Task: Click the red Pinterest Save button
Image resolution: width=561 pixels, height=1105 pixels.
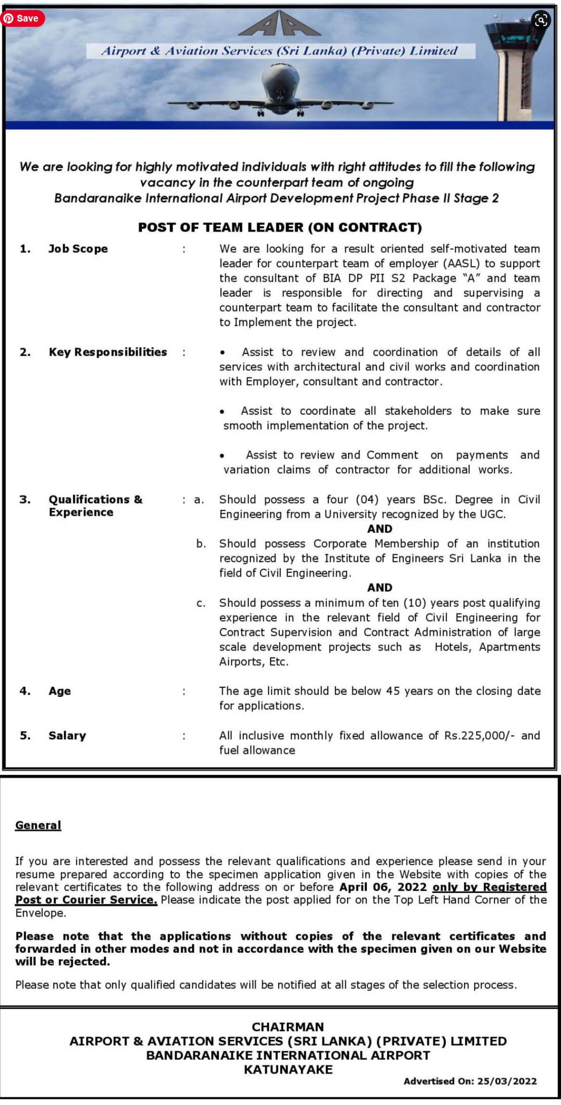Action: point(23,18)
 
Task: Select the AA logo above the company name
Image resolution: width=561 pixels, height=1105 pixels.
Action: point(280,24)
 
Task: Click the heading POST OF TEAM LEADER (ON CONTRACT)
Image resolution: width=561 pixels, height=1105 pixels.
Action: point(280,227)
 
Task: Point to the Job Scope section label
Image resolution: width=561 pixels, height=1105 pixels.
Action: point(78,249)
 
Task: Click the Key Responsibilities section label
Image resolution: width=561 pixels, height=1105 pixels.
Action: point(108,352)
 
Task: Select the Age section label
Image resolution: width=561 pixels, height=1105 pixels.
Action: point(60,691)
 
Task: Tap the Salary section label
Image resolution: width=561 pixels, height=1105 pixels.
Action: point(67,736)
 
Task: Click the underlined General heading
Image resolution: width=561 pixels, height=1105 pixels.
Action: point(38,825)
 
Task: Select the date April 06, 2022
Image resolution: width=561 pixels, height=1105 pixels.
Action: point(383,887)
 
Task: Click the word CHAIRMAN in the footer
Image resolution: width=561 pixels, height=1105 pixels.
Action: point(288,1026)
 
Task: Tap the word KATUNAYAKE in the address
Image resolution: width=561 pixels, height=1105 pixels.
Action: point(288,1070)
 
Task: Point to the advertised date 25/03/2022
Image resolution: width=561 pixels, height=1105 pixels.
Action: point(507,1081)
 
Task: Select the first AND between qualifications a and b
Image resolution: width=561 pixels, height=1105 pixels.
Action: point(379,529)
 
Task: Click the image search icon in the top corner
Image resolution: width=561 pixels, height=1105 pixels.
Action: point(541,20)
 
